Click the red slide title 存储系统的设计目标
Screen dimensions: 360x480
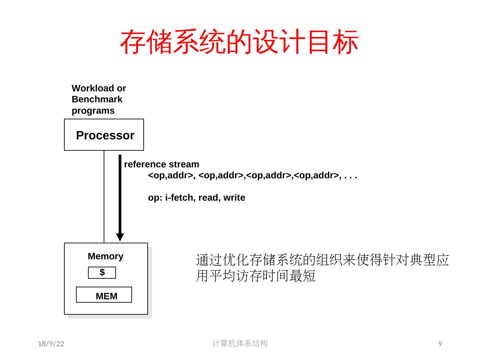[x=239, y=42]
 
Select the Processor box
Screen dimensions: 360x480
[x=104, y=135]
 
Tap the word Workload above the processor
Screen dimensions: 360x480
[x=88, y=88]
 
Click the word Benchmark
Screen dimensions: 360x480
[x=97, y=99]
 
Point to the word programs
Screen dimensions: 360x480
[x=93, y=111]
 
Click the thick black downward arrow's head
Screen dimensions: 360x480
[x=120, y=237]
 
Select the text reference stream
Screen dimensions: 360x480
[x=162, y=164]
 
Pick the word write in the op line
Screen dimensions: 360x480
[x=234, y=198]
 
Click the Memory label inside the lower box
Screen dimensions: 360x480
[x=105, y=256]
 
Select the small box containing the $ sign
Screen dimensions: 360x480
[x=102, y=273]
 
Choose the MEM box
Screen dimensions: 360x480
[x=104, y=295]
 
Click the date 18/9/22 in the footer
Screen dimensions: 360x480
[x=51, y=344]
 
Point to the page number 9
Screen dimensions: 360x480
[x=440, y=344]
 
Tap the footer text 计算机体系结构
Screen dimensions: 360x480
[x=240, y=343]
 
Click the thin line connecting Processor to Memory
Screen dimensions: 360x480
[x=104, y=197]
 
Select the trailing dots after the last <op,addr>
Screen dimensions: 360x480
[x=351, y=176]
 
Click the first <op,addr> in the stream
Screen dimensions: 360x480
[x=170, y=175]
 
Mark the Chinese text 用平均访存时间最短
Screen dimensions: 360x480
[x=256, y=276]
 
